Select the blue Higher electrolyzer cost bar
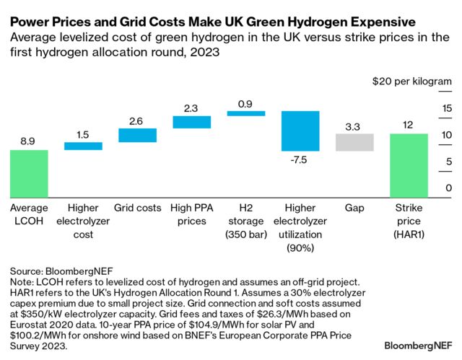[83, 146]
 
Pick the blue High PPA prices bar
[191, 122]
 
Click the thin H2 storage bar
[245, 113]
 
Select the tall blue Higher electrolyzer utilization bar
[300, 131]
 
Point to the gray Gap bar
[354, 142]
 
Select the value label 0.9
[245, 102]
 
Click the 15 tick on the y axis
[447, 108]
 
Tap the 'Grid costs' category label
[137, 208]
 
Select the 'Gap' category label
[354, 208]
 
